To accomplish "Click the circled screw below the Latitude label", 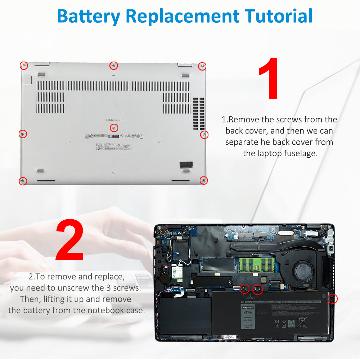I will tap(114, 127).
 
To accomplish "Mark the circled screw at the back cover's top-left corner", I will tap(23, 66).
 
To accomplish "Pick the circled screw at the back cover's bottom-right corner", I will tap(203, 180).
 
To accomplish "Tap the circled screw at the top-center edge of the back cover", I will tap(113, 66).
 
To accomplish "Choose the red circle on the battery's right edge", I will tap(333, 298).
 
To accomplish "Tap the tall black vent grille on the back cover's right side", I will tap(198, 113).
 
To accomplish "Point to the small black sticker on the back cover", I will tap(186, 164).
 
